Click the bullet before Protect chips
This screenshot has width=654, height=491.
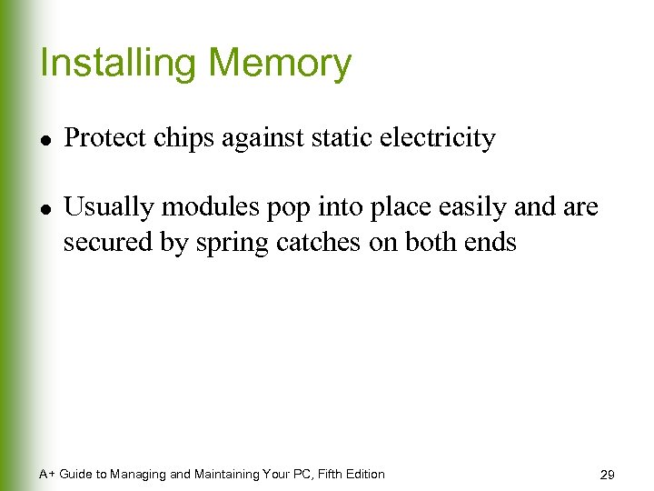pos(45,139)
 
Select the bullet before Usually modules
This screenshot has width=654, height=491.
pos(45,208)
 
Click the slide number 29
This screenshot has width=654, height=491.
pos(608,475)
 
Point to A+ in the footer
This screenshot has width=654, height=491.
pos(47,474)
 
